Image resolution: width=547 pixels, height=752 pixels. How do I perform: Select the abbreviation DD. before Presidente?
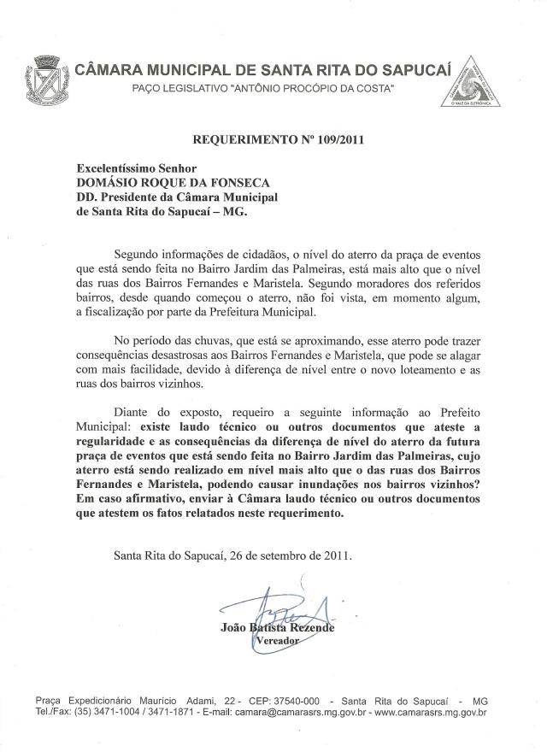[89, 198]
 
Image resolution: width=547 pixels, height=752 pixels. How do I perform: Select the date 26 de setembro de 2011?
[286, 555]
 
